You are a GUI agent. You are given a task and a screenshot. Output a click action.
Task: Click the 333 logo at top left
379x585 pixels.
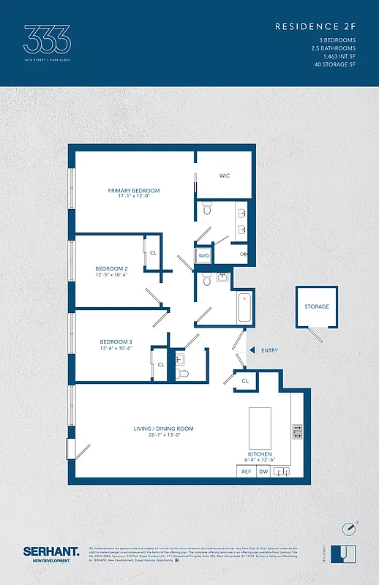47,38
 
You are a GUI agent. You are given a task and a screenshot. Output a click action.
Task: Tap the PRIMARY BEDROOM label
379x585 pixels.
133,191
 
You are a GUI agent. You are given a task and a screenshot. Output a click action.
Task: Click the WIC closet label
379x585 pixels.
225,175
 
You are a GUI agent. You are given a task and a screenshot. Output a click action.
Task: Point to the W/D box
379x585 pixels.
203,256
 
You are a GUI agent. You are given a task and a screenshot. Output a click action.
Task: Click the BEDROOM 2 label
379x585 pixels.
111,269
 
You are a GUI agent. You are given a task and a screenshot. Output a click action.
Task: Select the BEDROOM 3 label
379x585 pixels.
116,342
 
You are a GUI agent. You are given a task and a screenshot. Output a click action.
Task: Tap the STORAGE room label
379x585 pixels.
317,306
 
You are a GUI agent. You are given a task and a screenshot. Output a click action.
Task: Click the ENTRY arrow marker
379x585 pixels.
252,350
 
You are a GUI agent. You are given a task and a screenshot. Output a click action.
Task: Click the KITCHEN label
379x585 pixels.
260,454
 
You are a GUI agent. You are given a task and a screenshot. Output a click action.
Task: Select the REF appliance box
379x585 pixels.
247,472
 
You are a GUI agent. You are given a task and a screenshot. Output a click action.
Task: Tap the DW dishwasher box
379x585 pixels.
263,472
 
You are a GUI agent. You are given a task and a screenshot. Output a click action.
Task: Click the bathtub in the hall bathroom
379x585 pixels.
245,307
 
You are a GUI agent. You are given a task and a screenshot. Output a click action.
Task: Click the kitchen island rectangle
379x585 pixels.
260,427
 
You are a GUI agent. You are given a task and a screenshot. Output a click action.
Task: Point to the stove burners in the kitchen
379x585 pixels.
297,431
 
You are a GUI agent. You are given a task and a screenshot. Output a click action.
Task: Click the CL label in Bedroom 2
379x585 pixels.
153,253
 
